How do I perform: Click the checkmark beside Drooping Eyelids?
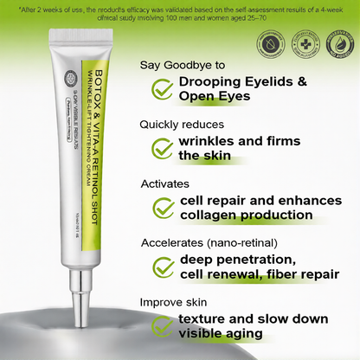point(161,89)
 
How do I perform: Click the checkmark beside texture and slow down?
point(161,326)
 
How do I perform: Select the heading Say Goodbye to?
point(183,65)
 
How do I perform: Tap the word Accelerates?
point(176,242)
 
